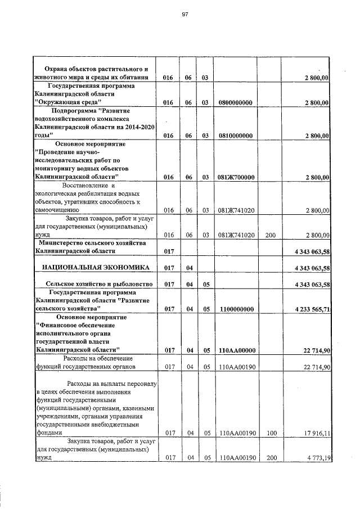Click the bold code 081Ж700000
tap(236, 177)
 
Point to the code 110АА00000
tap(236, 351)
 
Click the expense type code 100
tap(270, 434)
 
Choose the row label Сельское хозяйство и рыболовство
tap(91, 285)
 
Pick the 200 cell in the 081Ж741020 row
tap(270, 235)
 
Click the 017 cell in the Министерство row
tap(168, 251)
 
